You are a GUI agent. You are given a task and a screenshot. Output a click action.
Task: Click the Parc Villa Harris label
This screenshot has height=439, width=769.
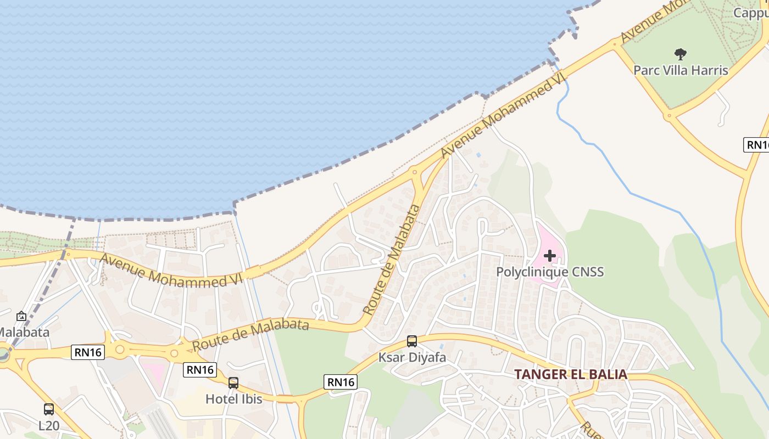coord(681,70)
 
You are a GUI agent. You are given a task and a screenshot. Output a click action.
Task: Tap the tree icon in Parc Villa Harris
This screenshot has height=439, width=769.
coord(681,54)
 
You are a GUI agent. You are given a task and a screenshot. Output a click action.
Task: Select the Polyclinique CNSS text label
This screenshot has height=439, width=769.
coord(550,272)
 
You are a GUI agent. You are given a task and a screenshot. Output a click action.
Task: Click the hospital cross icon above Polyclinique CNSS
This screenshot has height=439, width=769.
coord(550,255)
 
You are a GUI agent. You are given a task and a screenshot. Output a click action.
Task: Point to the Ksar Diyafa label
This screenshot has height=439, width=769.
coord(412,358)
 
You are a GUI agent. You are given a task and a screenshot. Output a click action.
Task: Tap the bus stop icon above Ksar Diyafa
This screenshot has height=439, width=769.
coord(412,341)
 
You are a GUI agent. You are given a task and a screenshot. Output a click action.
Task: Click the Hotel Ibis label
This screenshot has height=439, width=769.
coord(233,399)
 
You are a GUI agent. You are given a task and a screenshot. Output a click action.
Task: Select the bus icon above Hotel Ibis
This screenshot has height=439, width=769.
coord(233,383)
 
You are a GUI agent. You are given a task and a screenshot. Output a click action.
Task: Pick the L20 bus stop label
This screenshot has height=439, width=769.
coord(49,425)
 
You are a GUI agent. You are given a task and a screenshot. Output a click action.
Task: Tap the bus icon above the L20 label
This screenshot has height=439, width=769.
coord(49,409)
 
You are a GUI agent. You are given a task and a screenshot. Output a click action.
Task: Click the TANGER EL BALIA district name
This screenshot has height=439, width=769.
coord(570,375)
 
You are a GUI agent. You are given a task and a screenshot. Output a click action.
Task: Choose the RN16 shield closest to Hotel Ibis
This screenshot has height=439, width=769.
coord(200,370)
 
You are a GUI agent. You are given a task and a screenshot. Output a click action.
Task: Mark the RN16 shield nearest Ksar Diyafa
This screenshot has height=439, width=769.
coord(341,382)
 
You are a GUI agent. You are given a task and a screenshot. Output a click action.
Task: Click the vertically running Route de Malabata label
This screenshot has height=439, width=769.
coord(392,259)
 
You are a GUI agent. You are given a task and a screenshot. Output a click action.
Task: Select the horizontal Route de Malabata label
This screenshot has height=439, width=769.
coord(250,335)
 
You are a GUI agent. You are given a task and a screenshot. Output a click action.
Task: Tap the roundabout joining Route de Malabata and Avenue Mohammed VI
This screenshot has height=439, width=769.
coord(415,172)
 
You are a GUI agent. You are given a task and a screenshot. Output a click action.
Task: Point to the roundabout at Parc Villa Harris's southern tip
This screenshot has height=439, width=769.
coord(668,116)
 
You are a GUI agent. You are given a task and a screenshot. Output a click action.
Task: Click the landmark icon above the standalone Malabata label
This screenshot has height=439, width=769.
coord(21,316)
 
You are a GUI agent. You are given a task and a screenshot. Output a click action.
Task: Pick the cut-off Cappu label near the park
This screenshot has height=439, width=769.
coord(751,12)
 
